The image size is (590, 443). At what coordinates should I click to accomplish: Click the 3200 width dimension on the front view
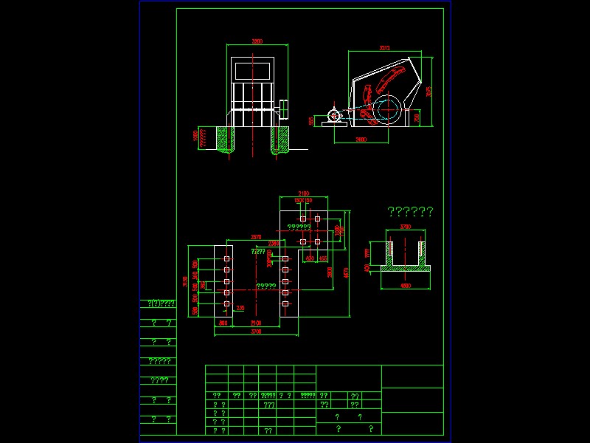[x=257, y=41]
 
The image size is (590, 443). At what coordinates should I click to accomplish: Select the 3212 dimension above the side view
[x=384, y=48]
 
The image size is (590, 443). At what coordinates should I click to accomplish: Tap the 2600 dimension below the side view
[x=361, y=139]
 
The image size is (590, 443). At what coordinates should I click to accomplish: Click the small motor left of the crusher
[x=333, y=116]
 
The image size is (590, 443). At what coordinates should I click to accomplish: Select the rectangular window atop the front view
[x=254, y=72]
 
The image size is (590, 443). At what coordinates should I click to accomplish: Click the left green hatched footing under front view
[x=224, y=138]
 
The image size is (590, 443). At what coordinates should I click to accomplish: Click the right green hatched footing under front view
[x=280, y=138]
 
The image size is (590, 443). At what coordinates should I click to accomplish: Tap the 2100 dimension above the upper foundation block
[x=303, y=193]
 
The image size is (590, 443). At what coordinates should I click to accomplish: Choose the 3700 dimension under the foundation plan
[x=256, y=332]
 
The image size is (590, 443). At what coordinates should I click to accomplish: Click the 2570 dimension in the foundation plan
[x=256, y=236]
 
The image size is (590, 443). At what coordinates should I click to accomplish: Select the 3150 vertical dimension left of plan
[x=185, y=281]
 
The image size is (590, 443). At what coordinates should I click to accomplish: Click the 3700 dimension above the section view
[x=405, y=226]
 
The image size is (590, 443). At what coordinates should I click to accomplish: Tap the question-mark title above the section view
[x=410, y=212]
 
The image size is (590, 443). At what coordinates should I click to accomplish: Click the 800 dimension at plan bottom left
[x=223, y=323]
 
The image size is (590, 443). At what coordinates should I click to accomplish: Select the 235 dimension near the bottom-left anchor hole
[x=240, y=308]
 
